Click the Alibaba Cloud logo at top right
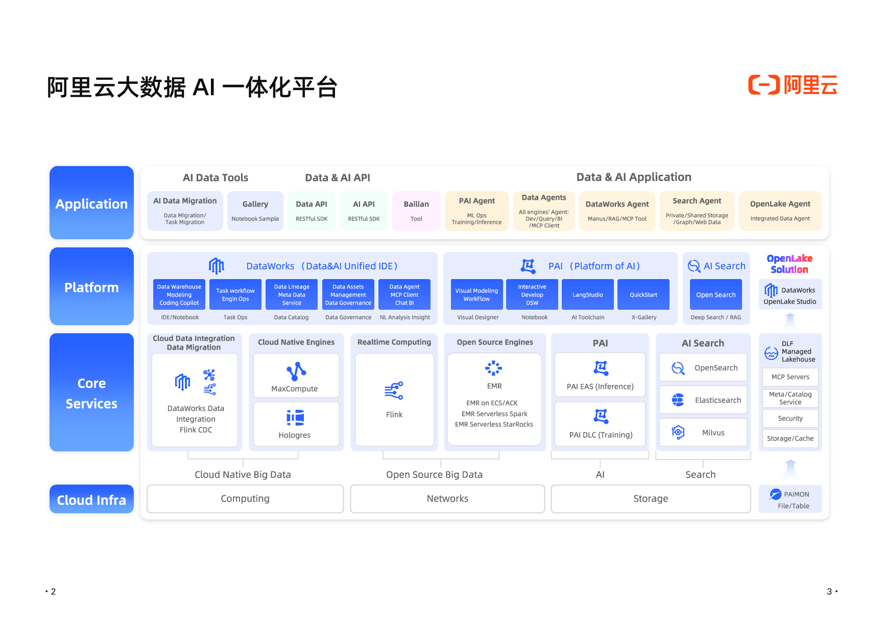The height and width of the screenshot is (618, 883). pyautogui.click(x=793, y=85)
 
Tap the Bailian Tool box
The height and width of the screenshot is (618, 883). pyautogui.click(x=416, y=211)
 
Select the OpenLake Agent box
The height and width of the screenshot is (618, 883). pyautogui.click(x=780, y=211)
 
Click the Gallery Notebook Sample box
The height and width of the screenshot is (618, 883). pyautogui.click(x=255, y=211)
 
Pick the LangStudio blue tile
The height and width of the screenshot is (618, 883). pyautogui.click(x=587, y=294)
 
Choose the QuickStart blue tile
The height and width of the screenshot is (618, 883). pyautogui.click(x=643, y=294)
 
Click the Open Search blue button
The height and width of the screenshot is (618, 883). pyautogui.click(x=715, y=294)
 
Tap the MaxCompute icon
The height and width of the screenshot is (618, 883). pyautogui.click(x=296, y=372)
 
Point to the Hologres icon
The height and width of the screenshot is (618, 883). pyautogui.click(x=295, y=418)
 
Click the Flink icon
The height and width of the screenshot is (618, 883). pyautogui.click(x=394, y=391)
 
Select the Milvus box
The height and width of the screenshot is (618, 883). pyautogui.click(x=703, y=432)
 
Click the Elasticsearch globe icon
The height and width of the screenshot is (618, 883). pyautogui.click(x=678, y=400)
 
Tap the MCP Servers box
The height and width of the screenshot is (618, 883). pyautogui.click(x=790, y=377)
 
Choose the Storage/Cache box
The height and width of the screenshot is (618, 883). pyautogui.click(x=790, y=439)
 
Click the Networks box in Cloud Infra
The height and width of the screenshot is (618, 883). pyautogui.click(x=447, y=498)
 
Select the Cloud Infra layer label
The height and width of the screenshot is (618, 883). pyautogui.click(x=91, y=499)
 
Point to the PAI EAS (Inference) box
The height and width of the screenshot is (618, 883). pyautogui.click(x=600, y=375)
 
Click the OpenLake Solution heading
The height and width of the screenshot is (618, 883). pyautogui.click(x=790, y=264)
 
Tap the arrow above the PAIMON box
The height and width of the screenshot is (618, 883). pyautogui.click(x=790, y=468)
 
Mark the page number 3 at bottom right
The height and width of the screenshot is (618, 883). pyautogui.click(x=829, y=591)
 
